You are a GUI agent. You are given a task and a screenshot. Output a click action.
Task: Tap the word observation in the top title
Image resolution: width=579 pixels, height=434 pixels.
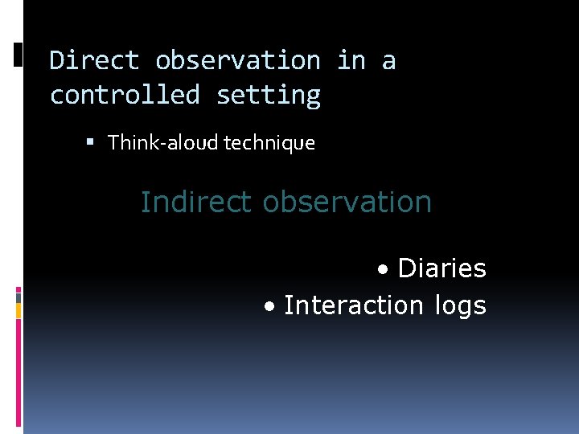point(238,60)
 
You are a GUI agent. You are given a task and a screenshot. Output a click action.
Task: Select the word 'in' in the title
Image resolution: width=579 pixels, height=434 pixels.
point(351,60)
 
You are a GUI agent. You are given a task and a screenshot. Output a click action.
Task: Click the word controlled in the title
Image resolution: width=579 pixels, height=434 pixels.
point(124,95)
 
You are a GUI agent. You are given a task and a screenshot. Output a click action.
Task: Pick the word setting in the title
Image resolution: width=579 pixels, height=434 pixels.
point(269,96)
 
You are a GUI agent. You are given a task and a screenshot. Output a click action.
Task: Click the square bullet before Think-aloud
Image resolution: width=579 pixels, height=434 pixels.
point(90,143)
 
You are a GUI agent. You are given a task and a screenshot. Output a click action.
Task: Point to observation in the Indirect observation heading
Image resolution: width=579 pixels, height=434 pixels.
point(347,202)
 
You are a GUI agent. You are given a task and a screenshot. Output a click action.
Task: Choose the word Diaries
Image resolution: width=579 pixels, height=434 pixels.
point(442,268)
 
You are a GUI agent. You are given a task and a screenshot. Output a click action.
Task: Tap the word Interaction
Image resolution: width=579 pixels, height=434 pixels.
point(353,305)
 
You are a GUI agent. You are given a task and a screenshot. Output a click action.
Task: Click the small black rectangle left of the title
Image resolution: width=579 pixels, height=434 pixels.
point(18,54)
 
